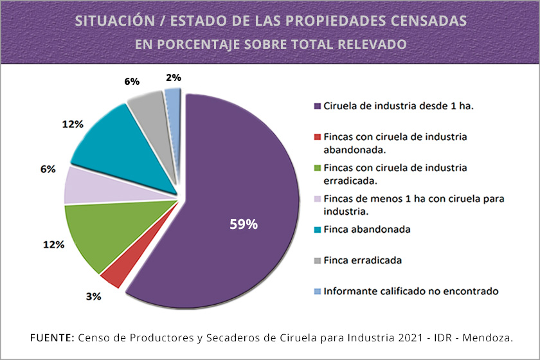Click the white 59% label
244,224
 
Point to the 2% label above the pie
173,77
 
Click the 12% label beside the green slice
54,244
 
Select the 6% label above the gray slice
132,82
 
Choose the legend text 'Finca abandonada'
366,230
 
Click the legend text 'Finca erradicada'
363,260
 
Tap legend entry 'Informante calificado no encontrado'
411,291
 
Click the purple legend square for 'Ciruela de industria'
317,106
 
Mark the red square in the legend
317,137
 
